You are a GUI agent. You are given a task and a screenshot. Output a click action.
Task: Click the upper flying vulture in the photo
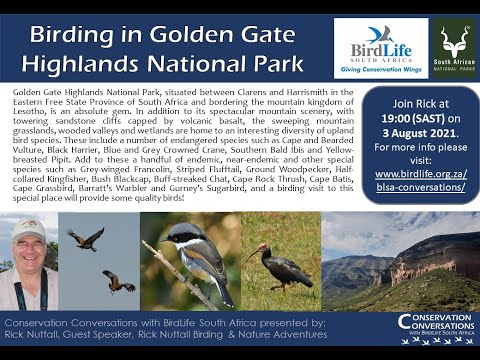click(86, 238)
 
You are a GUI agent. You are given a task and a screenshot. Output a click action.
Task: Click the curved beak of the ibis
click(253, 255)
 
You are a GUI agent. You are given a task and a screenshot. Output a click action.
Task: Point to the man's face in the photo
click(31, 248)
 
